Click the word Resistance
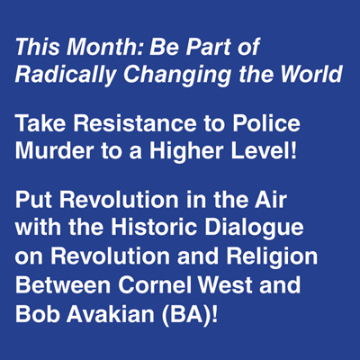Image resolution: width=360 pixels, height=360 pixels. coord(135,123)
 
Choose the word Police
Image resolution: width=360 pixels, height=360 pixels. coord(266,123)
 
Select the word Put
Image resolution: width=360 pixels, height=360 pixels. coord(34,200)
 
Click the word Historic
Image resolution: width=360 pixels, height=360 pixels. coord(154,227)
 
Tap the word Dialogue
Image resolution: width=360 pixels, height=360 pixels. coord(254,227)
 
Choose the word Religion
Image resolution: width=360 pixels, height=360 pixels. coord(272,256)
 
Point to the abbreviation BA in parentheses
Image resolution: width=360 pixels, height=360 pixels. coord(185,313)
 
